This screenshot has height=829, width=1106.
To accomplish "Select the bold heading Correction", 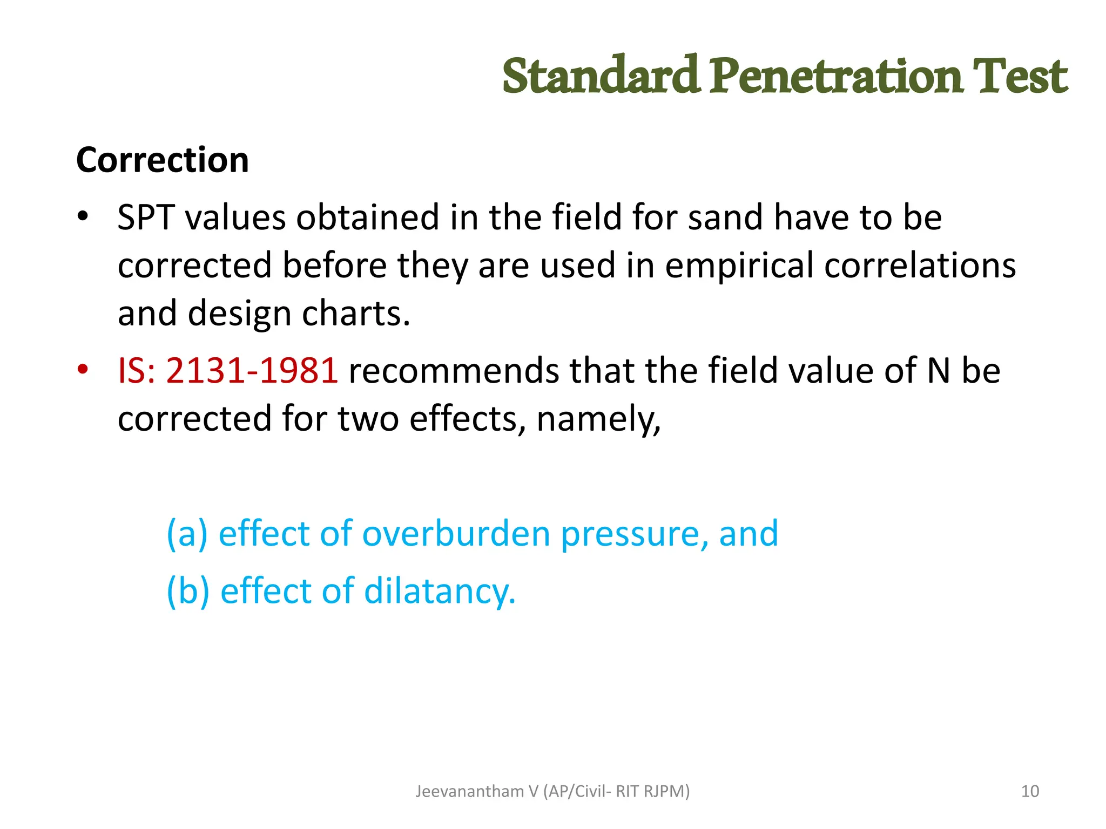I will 163,160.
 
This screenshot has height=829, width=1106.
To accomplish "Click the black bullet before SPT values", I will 83,218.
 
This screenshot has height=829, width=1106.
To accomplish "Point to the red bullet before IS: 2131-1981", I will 83,371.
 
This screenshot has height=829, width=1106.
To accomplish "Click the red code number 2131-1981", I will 252,371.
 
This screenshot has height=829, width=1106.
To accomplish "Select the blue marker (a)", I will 187,534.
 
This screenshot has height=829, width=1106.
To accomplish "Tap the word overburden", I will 456,534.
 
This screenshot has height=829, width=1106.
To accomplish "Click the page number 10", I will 1030,791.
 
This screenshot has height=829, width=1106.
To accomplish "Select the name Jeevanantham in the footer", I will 469,791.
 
